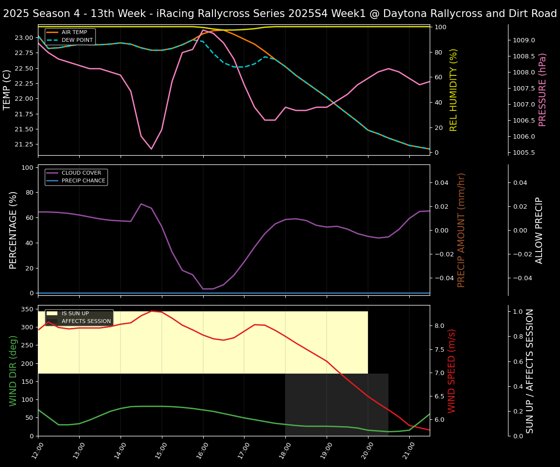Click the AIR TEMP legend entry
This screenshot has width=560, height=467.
[74, 33]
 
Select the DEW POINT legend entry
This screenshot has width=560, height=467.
[77, 40]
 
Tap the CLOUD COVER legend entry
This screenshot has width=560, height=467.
[81, 173]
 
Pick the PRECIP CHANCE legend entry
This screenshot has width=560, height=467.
[83, 181]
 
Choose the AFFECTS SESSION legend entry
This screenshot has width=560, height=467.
[86, 322]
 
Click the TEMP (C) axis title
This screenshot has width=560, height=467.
[7, 90]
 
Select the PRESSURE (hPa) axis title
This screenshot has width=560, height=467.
[542, 90]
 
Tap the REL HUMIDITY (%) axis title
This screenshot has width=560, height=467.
[454, 90]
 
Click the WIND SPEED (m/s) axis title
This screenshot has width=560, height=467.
[452, 371]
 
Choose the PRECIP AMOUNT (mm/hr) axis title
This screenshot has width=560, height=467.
[461, 230]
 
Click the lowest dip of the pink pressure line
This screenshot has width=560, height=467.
[151, 149]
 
